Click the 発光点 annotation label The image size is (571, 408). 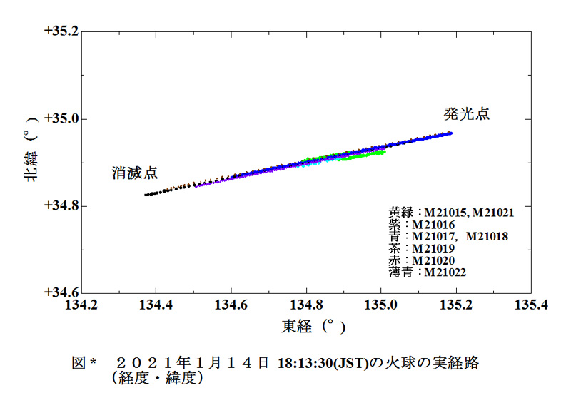(467, 114)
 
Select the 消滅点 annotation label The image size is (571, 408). (135, 173)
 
